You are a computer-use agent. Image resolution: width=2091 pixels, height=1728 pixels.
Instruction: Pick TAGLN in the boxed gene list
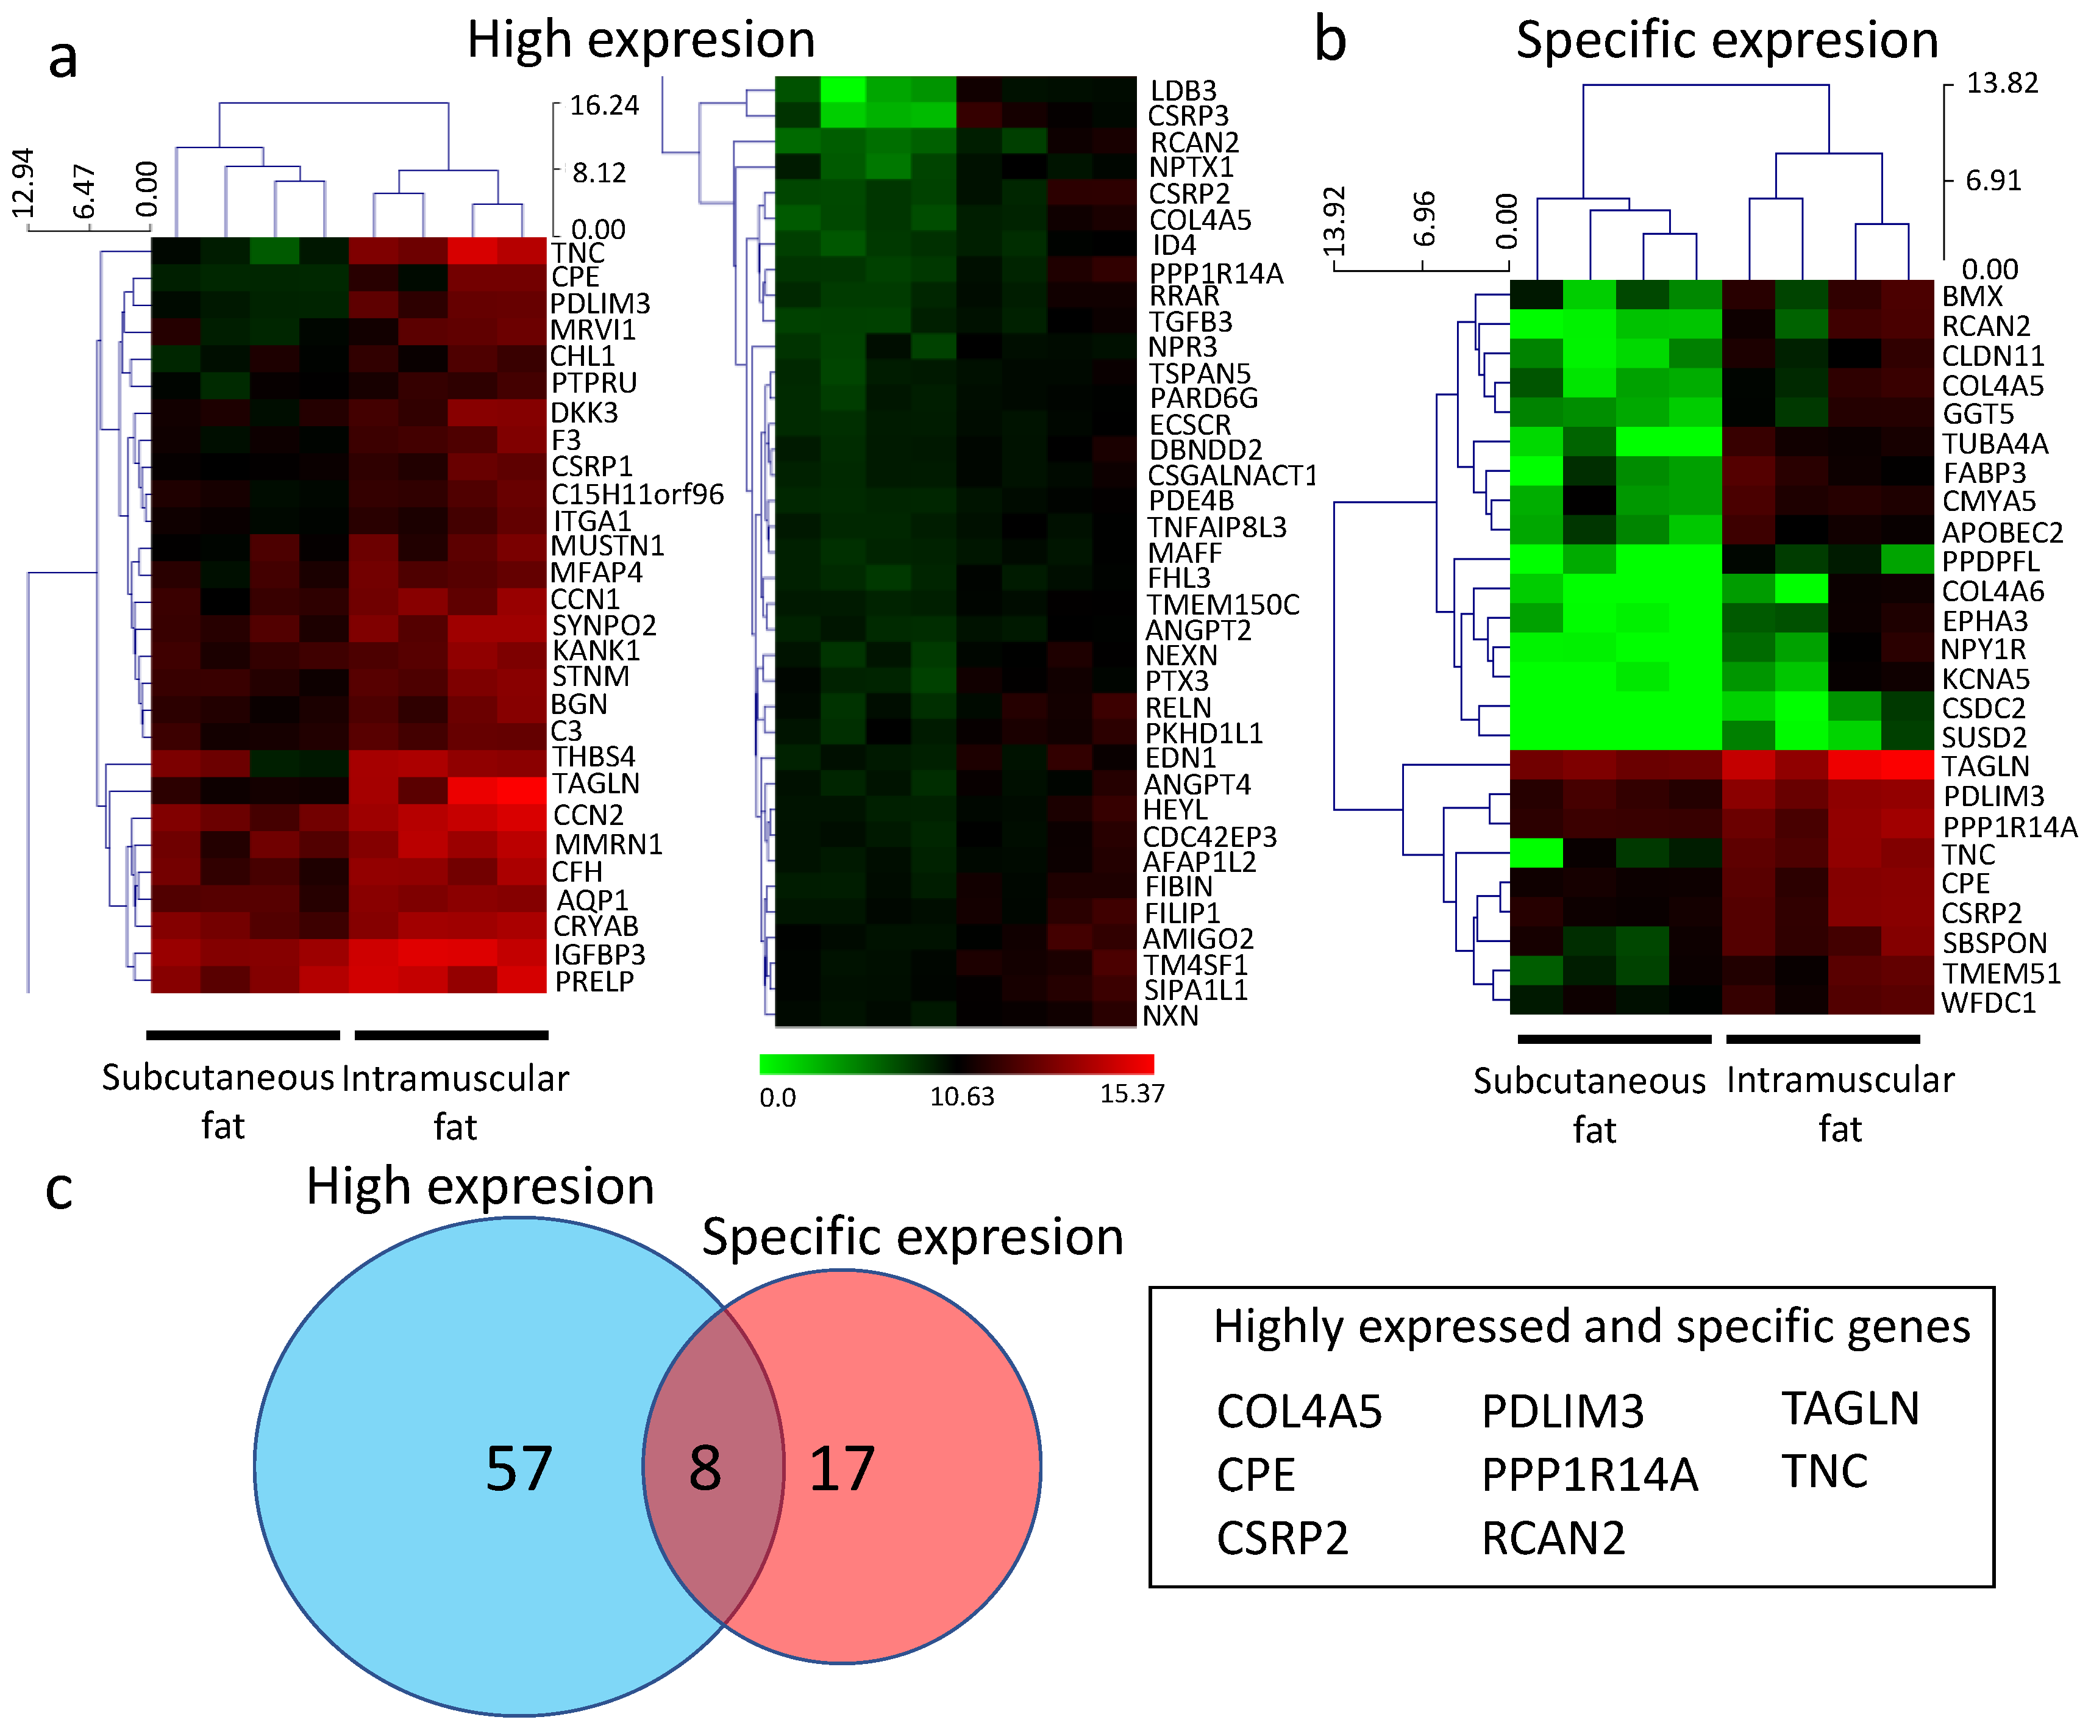1849,1408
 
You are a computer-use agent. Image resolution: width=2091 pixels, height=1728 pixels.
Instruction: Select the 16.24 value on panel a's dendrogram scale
604,105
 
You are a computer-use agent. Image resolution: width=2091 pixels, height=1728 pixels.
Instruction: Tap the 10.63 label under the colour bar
961,1096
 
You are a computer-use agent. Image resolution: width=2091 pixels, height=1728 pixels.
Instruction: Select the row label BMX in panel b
1972,296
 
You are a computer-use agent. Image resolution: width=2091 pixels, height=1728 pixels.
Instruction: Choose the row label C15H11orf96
637,494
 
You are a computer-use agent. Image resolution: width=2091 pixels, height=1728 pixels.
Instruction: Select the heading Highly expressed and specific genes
1591,1327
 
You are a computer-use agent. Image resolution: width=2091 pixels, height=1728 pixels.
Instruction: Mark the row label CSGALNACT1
1231,476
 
